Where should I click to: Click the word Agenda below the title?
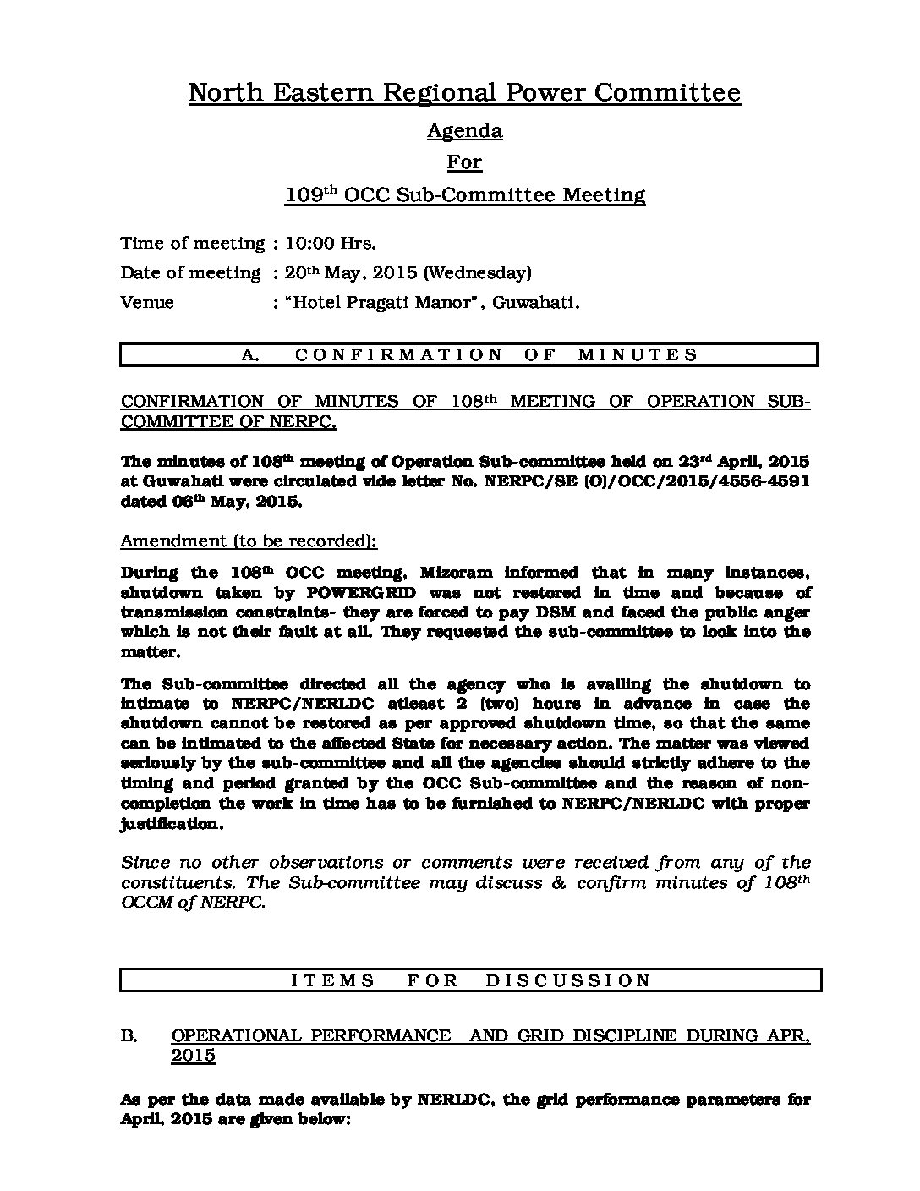[464, 131]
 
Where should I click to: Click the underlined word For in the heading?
[464, 162]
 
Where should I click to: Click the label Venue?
[147, 303]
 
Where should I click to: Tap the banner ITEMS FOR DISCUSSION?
[471, 980]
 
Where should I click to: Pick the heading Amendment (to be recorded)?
[249, 541]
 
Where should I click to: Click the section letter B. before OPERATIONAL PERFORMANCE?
[129, 1036]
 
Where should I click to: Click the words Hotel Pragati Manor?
[381, 303]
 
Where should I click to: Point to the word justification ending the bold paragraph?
[171, 823]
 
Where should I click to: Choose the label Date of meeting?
[191, 273]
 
